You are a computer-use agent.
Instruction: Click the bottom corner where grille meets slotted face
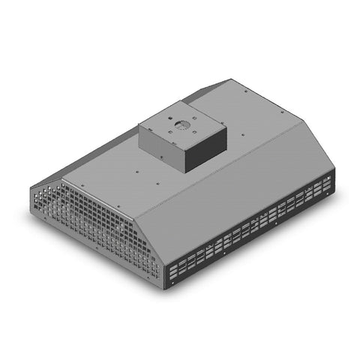(167, 287)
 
